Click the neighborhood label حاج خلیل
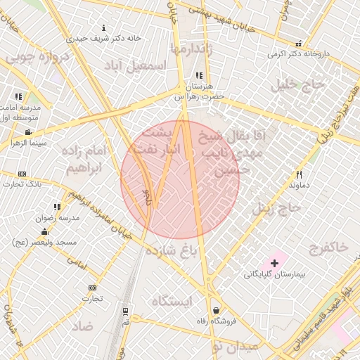coord(302,85)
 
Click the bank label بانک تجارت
coord(21,184)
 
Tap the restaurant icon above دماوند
coord(299,174)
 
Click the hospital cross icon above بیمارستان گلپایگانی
coord(274,262)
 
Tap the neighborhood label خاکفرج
coord(328,247)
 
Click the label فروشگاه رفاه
coord(215,320)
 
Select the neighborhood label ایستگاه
coord(172,302)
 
